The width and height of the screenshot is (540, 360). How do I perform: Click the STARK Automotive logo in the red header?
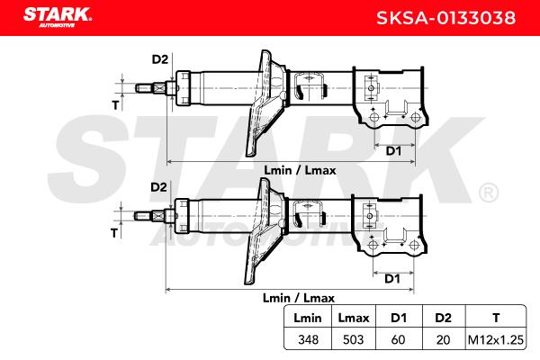[x=58, y=17]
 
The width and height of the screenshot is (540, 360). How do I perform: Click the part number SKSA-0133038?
[x=446, y=18]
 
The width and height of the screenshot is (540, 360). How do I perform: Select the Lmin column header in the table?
[x=308, y=318]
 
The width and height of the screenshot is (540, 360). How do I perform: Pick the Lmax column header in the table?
[x=354, y=318]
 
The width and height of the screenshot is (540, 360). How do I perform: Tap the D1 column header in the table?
[x=399, y=318]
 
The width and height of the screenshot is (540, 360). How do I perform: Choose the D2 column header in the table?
[x=443, y=318]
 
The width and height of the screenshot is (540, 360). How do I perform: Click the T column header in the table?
[x=496, y=318]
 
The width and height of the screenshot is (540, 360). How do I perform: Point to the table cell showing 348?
[x=308, y=339]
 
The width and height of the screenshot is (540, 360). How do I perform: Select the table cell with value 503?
[x=354, y=339]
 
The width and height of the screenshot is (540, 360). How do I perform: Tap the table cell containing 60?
[x=398, y=339]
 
